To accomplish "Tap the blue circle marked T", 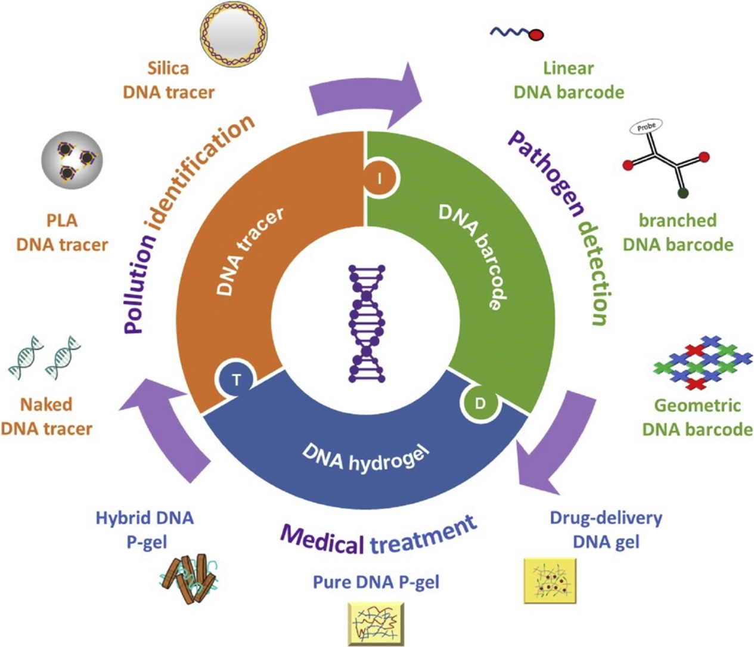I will (x=236, y=380).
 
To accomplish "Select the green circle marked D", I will (x=480, y=404).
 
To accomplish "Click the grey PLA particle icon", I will (x=72, y=160).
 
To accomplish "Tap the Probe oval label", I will (x=646, y=128).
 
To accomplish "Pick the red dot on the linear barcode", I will (x=536, y=35).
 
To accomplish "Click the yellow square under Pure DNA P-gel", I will (x=376, y=623).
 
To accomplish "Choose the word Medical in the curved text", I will (x=322, y=539).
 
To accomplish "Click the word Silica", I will (x=167, y=68).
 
